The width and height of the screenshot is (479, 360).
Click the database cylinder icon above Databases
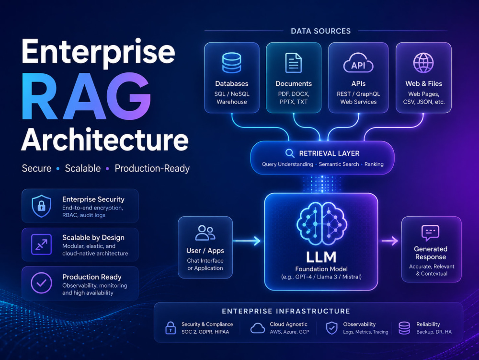(231, 63)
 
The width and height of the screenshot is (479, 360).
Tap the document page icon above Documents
(293, 63)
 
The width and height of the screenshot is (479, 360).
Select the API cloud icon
(358, 63)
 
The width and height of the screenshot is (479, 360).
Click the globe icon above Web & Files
(423, 63)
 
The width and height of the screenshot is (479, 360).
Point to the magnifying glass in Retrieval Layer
(290, 153)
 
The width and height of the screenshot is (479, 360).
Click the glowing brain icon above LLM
(321, 223)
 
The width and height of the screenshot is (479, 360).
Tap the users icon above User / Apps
(205, 233)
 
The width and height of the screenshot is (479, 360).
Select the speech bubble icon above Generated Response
(430, 233)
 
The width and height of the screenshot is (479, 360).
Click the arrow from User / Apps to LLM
(247, 241)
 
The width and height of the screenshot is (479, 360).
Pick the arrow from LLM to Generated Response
(390, 241)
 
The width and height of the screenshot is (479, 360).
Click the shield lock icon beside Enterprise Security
(42, 206)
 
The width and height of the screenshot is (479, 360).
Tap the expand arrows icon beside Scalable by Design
(41, 244)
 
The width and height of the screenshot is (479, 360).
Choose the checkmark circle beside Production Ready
(41, 283)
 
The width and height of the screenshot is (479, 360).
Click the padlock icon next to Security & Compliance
(171, 328)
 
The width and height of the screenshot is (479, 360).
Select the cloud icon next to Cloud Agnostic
(258, 328)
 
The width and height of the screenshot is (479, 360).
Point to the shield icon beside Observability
(332, 328)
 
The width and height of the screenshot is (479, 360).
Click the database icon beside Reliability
(404, 328)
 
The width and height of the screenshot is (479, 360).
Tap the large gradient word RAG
(86, 97)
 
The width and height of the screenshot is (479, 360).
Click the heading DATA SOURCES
(321, 31)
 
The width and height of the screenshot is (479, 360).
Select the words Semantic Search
(339, 164)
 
